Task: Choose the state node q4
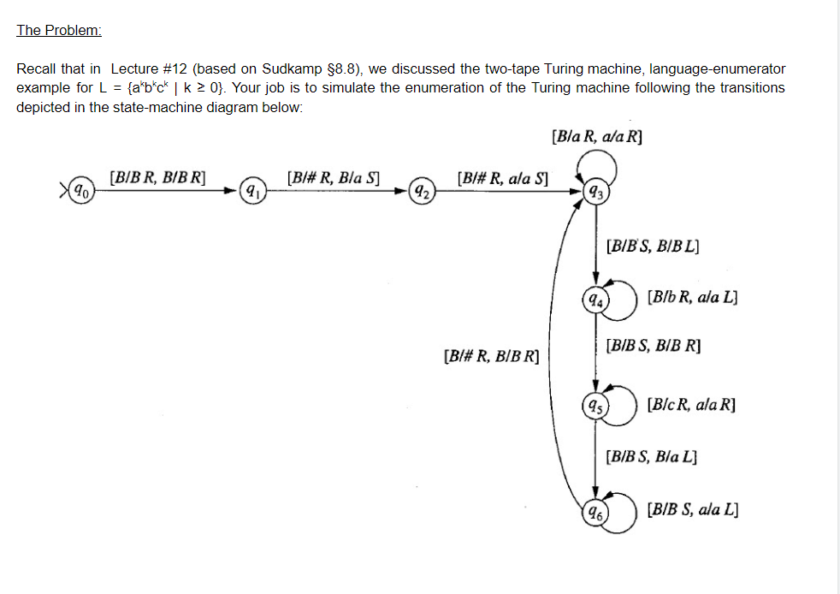click(x=594, y=299)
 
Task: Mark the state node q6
click(x=594, y=513)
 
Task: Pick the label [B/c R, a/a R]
click(x=692, y=403)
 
